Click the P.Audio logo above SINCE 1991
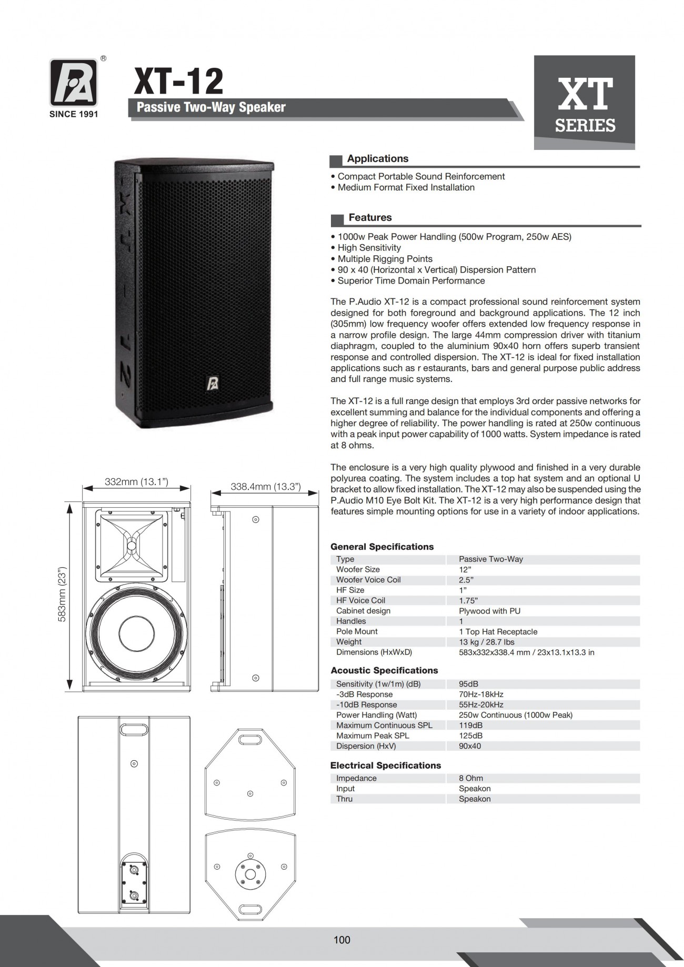[73, 82]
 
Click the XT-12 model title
[178, 81]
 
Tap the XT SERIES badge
[584, 103]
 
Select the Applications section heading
[377, 159]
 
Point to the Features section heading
[370, 218]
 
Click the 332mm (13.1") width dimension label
[136, 481]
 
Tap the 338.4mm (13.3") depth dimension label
[266, 487]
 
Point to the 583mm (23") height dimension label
[62, 595]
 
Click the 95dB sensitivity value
[468, 684]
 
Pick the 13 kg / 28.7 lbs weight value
[486, 642]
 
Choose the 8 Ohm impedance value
[470, 778]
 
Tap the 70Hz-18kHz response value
[481, 694]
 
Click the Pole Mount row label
[357, 631]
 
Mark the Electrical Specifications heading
[385, 765]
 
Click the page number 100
[342, 940]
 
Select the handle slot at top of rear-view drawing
[134, 729]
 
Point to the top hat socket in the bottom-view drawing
[250, 874]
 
